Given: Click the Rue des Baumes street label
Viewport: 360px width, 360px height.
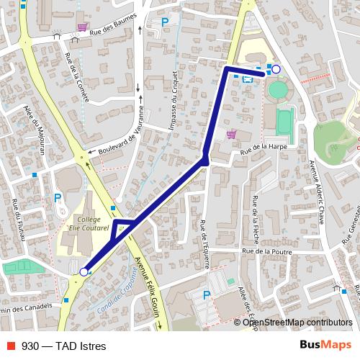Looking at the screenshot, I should pyautogui.click(x=114, y=28).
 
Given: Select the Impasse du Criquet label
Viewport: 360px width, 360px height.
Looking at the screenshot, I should pyautogui.click(x=174, y=100).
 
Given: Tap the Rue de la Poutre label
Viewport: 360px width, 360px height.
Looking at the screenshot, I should pyautogui.click(x=267, y=252).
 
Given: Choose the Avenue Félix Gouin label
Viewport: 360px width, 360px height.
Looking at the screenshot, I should pyautogui.click(x=148, y=288).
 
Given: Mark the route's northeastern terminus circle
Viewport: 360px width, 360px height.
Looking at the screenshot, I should pyautogui.click(x=275, y=69).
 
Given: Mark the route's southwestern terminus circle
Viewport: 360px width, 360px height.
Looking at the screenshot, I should pyautogui.click(x=84, y=271).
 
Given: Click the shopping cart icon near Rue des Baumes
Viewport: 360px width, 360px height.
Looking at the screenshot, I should pyautogui.click(x=82, y=27).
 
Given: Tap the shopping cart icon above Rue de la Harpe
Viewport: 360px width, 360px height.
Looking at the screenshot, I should pyautogui.click(x=230, y=133).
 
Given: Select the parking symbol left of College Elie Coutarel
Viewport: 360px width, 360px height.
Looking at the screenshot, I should pyautogui.click(x=58, y=198).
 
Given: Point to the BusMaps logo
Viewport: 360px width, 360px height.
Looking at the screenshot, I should pyautogui.click(x=325, y=345).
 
